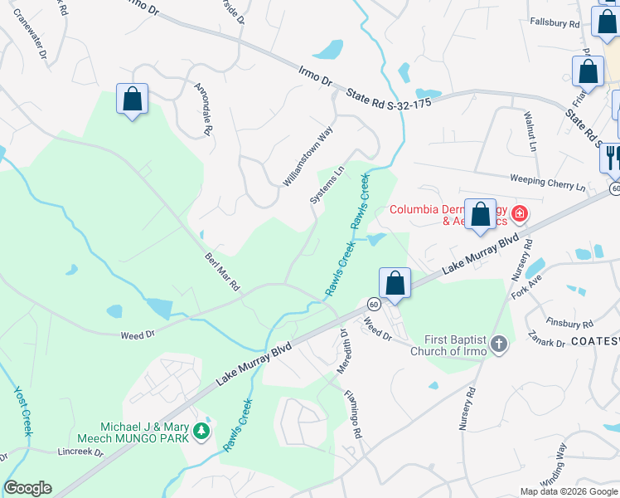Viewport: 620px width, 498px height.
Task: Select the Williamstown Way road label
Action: pos(308,155)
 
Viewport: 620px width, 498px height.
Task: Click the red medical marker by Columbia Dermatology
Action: pos(520,214)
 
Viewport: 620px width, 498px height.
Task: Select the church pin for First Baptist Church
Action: pos(498,344)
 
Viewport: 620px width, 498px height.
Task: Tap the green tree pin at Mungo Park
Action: pos(201,431)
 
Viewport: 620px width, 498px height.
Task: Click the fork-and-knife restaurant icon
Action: pos(611,157)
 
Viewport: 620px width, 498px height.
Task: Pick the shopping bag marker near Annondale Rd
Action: pos(132,100)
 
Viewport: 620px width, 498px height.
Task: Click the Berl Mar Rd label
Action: pos(222,271)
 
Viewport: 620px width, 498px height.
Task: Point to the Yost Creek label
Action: pos(22,411)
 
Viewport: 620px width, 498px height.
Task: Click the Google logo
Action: pos(27,487)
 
